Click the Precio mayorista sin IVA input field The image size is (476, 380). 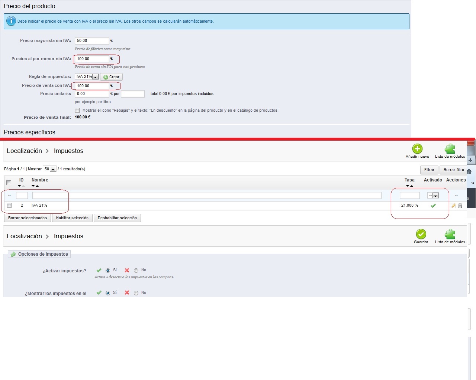pyautogui.click(x=92, y=40)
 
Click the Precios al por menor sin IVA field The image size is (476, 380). pyautogui.click(x=92, y=59)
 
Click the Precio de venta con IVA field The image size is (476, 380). pyautogui.click(x=92, y=86)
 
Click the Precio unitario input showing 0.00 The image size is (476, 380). pyautogui.click(x=92, y=94)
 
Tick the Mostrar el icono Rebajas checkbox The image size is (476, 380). pyautogui.click(x=77, y=110)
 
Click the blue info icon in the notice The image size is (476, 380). pyautogui.click(x=11, y=21)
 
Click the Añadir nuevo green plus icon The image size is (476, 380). pyautogui.click(x=417, y=149)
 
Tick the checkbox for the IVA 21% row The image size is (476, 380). pyautogui.click(x=9, y=205)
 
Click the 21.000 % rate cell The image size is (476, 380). pyautogui.click(x=409, y=205)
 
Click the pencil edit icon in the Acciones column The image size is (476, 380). pyautogui.click(x=453, y=206)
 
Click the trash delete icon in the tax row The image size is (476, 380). pyautogui.click(x=460, y=206)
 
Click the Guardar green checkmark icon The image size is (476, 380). pyautogui.click(x=421, y=234)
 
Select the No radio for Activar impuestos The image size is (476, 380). pyautogui.click(x=136, y=271)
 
